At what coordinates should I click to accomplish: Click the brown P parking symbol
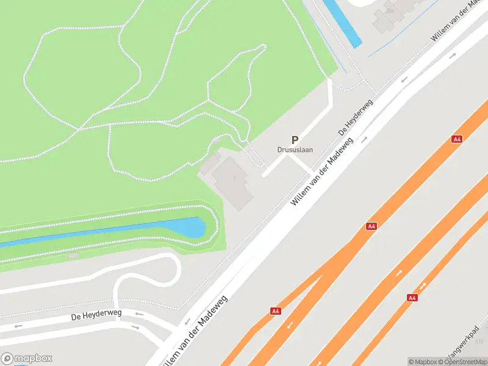click(x=295, y=140)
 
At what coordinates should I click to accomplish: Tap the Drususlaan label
click(x=295, y=150)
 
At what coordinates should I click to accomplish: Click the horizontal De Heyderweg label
click(x=96, y=315)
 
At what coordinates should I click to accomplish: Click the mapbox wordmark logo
click(x=27, y=359)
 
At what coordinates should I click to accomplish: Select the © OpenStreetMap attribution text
click(x=462, y=362)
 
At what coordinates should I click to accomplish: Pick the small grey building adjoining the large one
click(x=209, y=163)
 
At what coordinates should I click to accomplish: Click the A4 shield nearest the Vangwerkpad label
click(x=412, y=298)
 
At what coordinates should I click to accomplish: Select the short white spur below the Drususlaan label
click(x=300, y=163)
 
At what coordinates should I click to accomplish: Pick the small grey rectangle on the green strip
click(x=73, y=255)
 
